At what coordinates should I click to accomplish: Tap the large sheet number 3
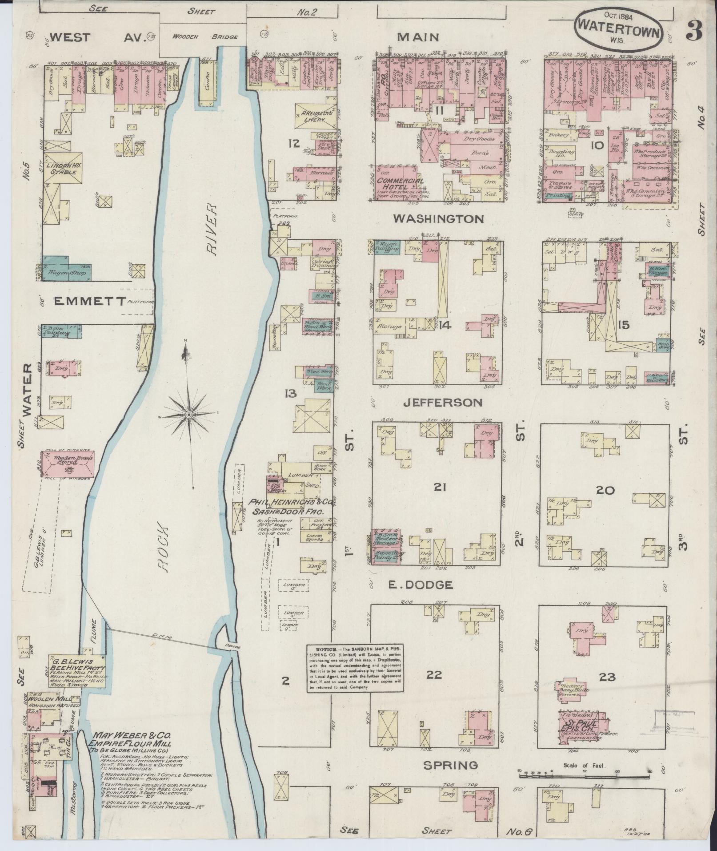click(x=693, y=30)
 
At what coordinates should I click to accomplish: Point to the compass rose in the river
click(x=189, y=414)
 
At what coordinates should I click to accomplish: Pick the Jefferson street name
click(x=442, y=403)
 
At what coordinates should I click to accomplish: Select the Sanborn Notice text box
click(x=355, y=668)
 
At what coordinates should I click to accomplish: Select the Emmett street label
click(x=89, y=302)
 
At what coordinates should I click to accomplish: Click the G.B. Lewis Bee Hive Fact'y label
click(x=77, y=665)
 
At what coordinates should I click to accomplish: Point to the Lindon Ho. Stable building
click(x=63, y=165)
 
